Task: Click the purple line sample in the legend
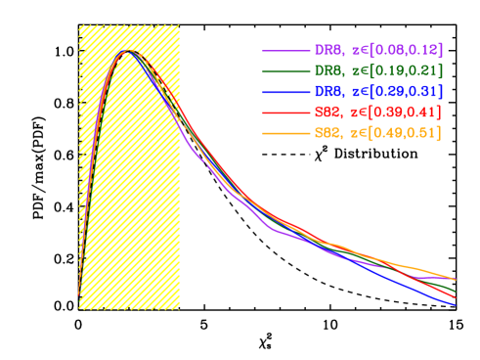285,50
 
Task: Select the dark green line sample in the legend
285,70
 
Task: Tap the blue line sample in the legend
285,91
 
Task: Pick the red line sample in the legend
285,112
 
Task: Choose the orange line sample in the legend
285,133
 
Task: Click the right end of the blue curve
456,305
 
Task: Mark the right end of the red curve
456,297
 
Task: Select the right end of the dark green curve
456,291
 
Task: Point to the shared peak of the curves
126,52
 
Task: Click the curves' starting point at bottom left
79,293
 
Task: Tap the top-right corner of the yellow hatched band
180,25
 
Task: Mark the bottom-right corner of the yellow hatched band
180,309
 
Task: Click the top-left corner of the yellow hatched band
79,25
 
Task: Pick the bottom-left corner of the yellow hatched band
79,309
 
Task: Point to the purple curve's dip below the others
275,231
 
